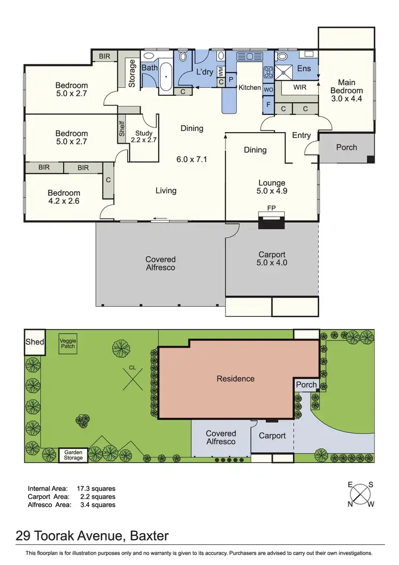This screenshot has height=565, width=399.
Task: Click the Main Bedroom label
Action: click(347, 90)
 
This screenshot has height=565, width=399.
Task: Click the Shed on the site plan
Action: click(35, 342)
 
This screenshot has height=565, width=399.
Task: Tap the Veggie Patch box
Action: click(67, 344)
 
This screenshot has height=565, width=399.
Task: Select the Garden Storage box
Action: click(73, 455)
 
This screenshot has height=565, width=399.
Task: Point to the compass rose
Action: click(360, 494)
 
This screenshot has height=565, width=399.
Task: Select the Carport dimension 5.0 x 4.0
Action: click(272, 263)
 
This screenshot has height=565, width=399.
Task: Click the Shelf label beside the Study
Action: click(122, 129)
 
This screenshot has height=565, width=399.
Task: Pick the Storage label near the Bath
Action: click(132, 74)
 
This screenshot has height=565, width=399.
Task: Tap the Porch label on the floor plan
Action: click(346, 148)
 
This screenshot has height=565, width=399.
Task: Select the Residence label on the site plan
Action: click(235, 379)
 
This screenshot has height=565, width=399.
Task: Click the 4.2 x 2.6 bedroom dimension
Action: click(64, 201)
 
